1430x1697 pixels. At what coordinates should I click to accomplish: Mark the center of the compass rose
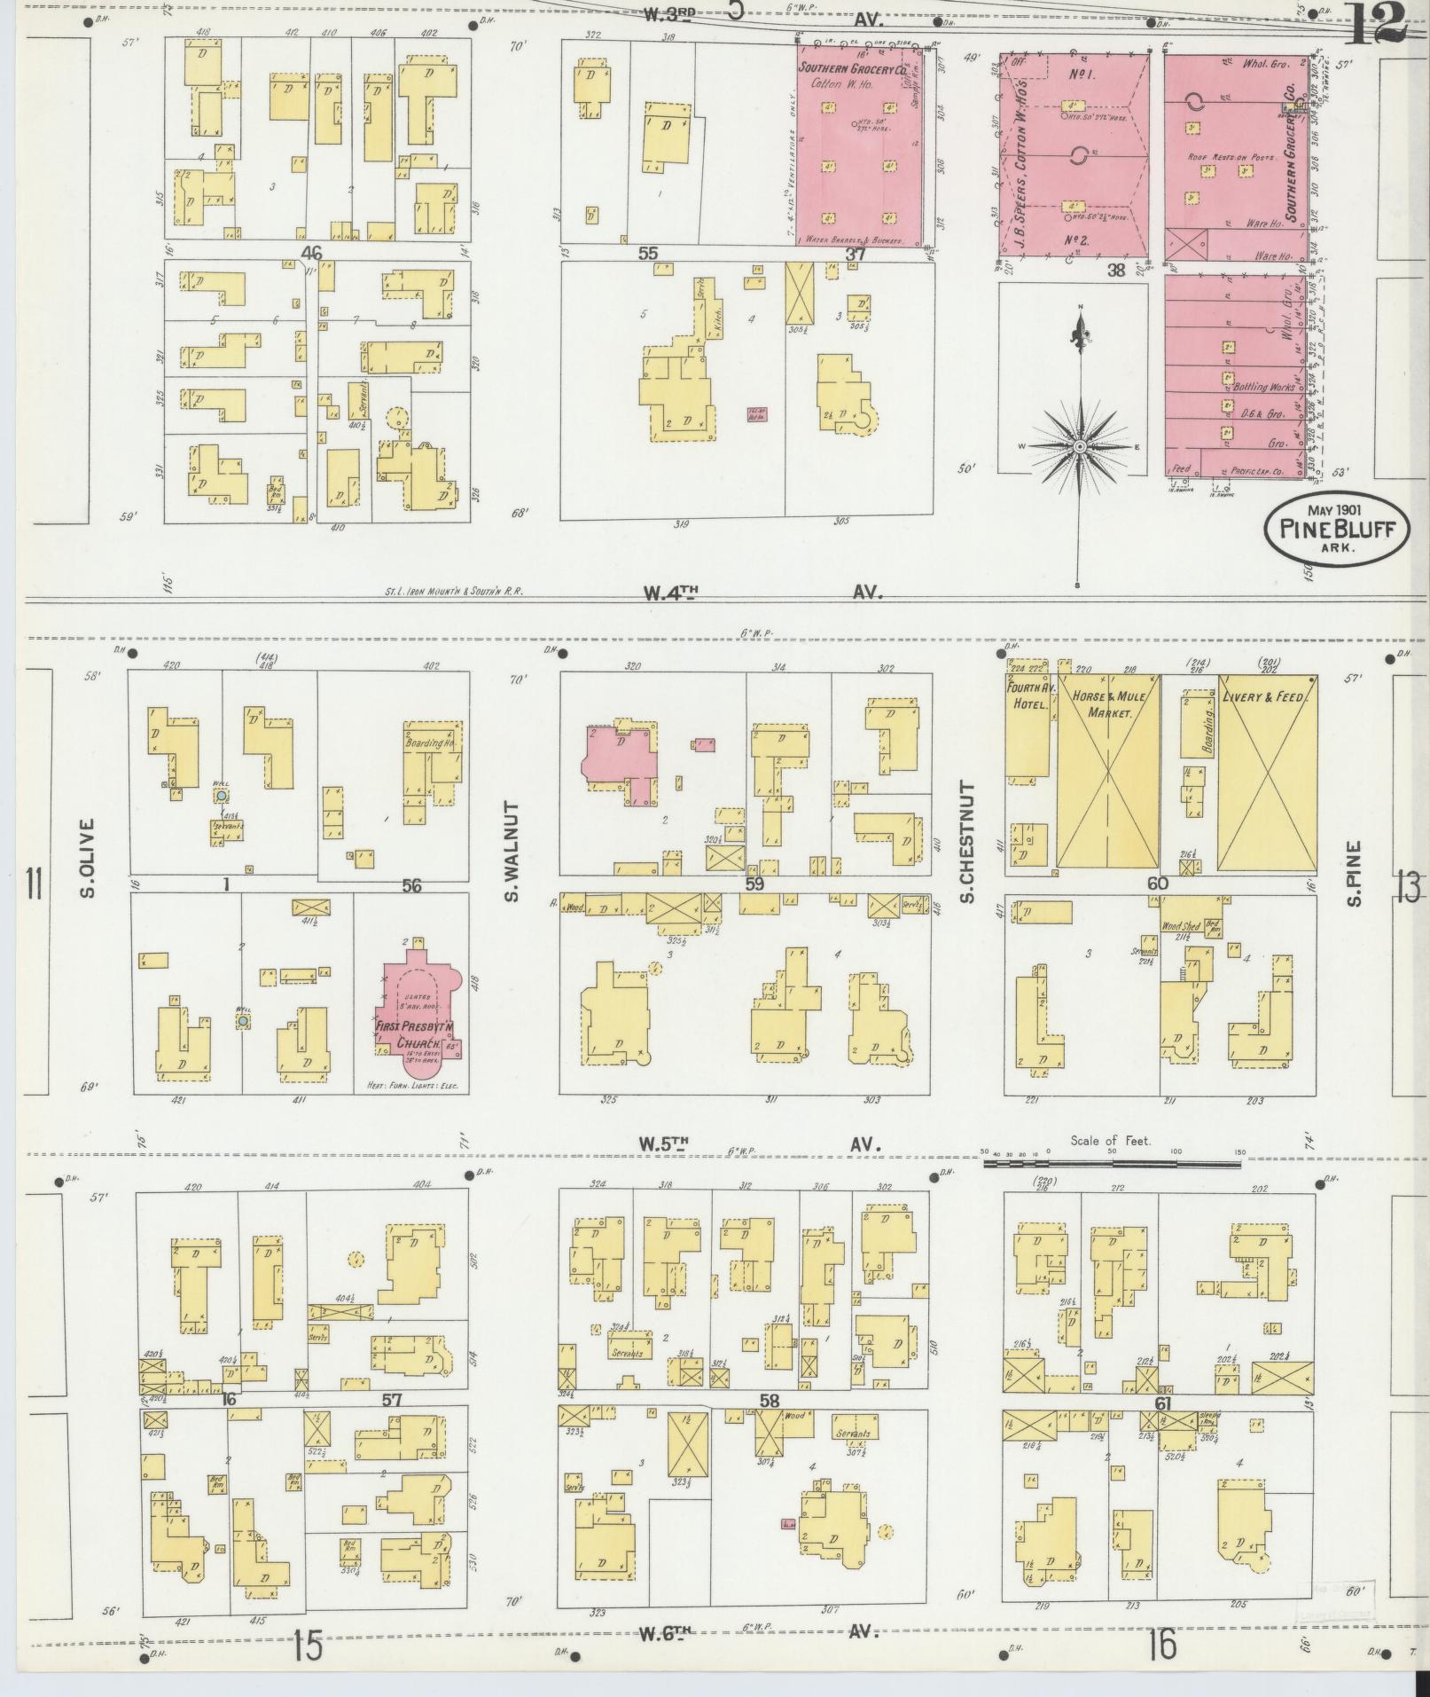[x=1080, y=447]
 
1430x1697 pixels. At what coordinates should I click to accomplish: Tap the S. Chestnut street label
[x=968, y=844]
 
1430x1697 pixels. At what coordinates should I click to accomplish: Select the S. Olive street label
[x=88, y=857]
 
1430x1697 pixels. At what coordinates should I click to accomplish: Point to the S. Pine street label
[x=1355, y=875]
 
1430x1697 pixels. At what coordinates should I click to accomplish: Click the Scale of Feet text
[x=1110, y=1141]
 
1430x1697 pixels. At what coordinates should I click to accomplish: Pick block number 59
[x=754, y=884]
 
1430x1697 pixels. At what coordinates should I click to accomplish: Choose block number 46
[x=311, y=254]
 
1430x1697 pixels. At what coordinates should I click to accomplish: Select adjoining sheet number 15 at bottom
[x=309, y=1647]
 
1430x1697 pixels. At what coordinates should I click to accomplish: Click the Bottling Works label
[x=1262, y=389]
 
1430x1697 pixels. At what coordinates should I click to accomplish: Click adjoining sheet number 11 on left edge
[x=35, y=884]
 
